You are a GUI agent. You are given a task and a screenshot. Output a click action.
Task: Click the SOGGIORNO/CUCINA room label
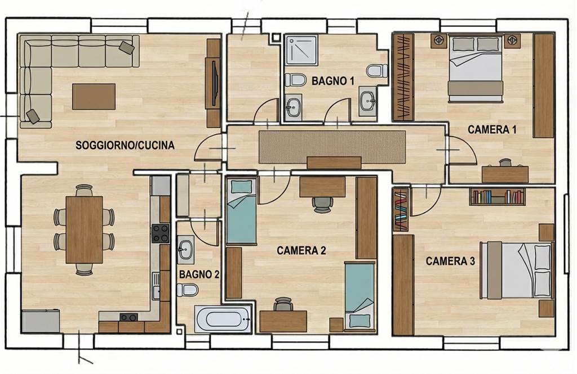(x=125, y=145)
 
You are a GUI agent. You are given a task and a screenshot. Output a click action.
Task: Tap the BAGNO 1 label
(x=332, y=81)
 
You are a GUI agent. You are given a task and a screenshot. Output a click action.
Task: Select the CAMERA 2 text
(x=301, y=251)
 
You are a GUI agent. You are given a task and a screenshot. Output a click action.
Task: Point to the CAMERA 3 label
(x=450, y=261)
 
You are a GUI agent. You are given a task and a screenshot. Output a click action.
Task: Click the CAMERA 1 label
(x=492, y=129)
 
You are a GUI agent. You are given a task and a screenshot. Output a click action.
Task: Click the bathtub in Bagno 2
(x=223, y=319)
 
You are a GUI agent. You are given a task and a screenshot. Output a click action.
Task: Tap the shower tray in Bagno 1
(x=301, y=50)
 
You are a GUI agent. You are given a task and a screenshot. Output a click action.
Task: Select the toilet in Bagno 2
(x=188, y=290)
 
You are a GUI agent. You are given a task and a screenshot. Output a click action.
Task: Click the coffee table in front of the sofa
(x=94, y=97)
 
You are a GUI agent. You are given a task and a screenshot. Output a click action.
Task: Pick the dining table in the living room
(x=85, y=229)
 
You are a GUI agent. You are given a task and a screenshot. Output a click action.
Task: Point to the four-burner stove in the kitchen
(x=161, y=233)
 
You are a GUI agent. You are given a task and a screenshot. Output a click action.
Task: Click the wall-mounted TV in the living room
(x=215, y=83)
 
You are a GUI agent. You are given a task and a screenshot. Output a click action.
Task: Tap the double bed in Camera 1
(x=475, y=67)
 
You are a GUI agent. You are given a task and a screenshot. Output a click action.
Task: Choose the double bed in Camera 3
(x=517, y=270)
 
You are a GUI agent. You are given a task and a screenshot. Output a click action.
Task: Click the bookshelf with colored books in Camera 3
(x=498, y=196)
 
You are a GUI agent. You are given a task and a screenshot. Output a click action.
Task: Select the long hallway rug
(x=332, y=147)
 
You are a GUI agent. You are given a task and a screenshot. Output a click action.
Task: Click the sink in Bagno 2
(x=185, y=250)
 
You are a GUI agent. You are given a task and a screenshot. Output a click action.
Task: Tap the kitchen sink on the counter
(x=157, y=286)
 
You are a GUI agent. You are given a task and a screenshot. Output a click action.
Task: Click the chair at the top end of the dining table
(x=85, y=190)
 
